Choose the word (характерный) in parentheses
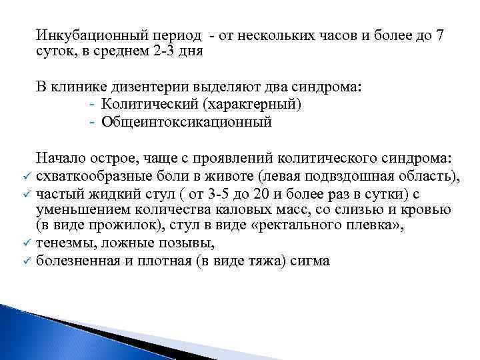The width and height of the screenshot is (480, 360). (x=253, y=105)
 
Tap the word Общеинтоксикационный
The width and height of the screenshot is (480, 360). (x=187, y=122)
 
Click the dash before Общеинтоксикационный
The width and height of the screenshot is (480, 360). (x=91, y=122)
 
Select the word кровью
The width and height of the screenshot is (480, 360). (x=430, y=209)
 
